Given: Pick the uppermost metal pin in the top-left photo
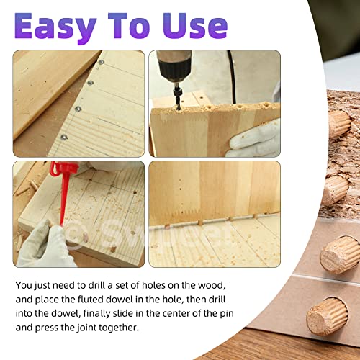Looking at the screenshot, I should [x=101, y=63].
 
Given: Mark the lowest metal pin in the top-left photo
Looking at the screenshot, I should [x=63, y=135].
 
